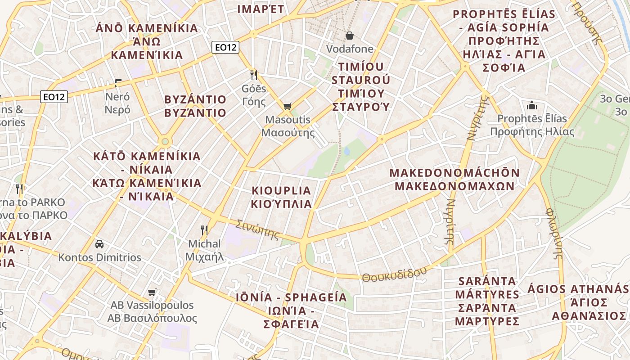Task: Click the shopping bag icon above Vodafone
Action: coord(350,36)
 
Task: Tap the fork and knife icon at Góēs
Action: coord(254,75)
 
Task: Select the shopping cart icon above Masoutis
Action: coord(287,107)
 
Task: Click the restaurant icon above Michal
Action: coord(204,230)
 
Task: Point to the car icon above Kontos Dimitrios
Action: coord(99,244)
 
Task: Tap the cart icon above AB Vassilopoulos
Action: coord(152,292)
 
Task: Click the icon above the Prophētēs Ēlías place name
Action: coord(532,106)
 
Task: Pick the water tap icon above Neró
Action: coord(117,83)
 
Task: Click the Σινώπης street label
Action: coord(258,229)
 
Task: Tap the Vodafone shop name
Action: coord(350,49)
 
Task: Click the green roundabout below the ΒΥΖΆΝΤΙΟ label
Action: coord(165,142)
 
